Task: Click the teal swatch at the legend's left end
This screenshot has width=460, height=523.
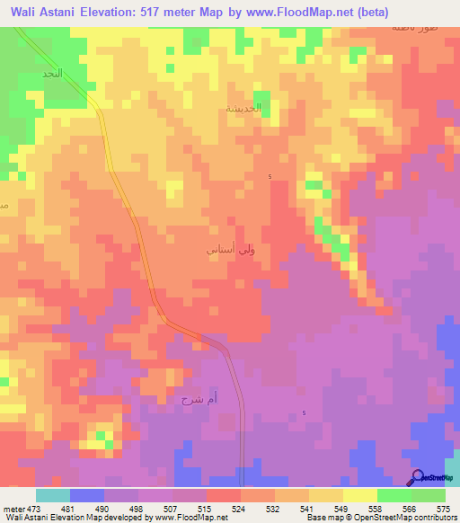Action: tap(52, 495)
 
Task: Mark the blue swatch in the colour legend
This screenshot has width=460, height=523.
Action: tap(86, 495)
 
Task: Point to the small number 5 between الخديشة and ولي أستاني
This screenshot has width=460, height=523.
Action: tap(270, 177)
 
